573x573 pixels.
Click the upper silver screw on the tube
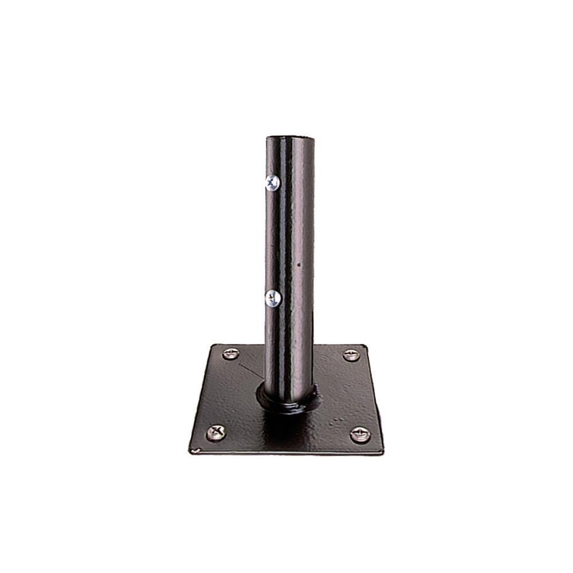[271, 183]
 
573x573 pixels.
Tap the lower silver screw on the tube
[272, 297]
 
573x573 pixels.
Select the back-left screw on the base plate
[231, 353]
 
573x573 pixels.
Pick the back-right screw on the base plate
[351, 355]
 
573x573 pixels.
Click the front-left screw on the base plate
[216, 431]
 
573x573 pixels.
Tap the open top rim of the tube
[290, 137]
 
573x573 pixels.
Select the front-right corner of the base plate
[383, 453]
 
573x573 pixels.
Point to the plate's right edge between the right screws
[374, 395]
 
